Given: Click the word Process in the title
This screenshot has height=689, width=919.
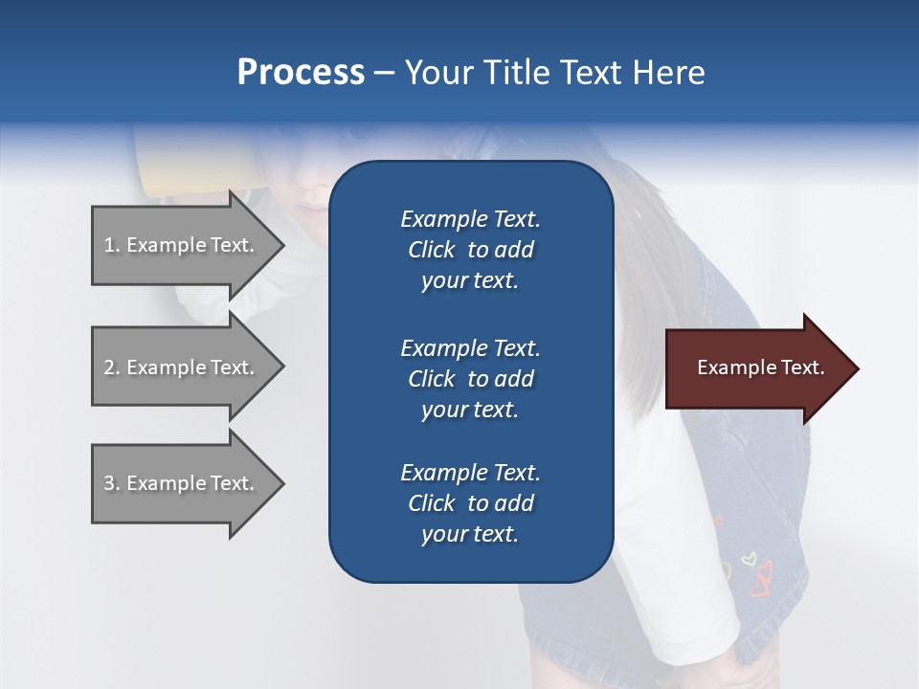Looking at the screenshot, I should pyautogui.click(x=301, y=73).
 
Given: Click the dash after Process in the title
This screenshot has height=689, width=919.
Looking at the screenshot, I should pyautogui.click(x=385, y=74).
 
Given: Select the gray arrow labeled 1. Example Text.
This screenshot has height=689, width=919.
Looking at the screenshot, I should pyautogui.click(x=182, y=245).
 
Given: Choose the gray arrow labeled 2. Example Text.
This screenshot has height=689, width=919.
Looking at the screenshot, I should pyautogui.click(x=182, y=367).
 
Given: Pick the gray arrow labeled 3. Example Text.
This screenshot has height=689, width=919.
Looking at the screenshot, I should pyautogui.click(x=182, y=483).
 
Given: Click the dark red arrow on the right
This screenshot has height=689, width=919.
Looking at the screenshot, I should pyautogui.click(x=756, y=368).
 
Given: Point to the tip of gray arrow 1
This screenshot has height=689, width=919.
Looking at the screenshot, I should pyautogui.click(x=281, y=245).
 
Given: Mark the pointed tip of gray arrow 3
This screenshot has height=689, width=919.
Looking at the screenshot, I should pyautogui.click(x=281, y=483).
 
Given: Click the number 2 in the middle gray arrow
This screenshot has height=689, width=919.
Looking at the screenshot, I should pyautogui.click(x=109, y=367).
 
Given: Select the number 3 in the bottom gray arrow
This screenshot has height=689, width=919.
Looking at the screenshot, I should pyautogui.click(x=109, y=483).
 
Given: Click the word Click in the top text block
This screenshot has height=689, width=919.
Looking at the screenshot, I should pyautogui.click(x=431, y=250).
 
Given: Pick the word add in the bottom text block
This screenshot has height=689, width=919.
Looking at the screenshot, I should pyautogui.click(x=514, y=503).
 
